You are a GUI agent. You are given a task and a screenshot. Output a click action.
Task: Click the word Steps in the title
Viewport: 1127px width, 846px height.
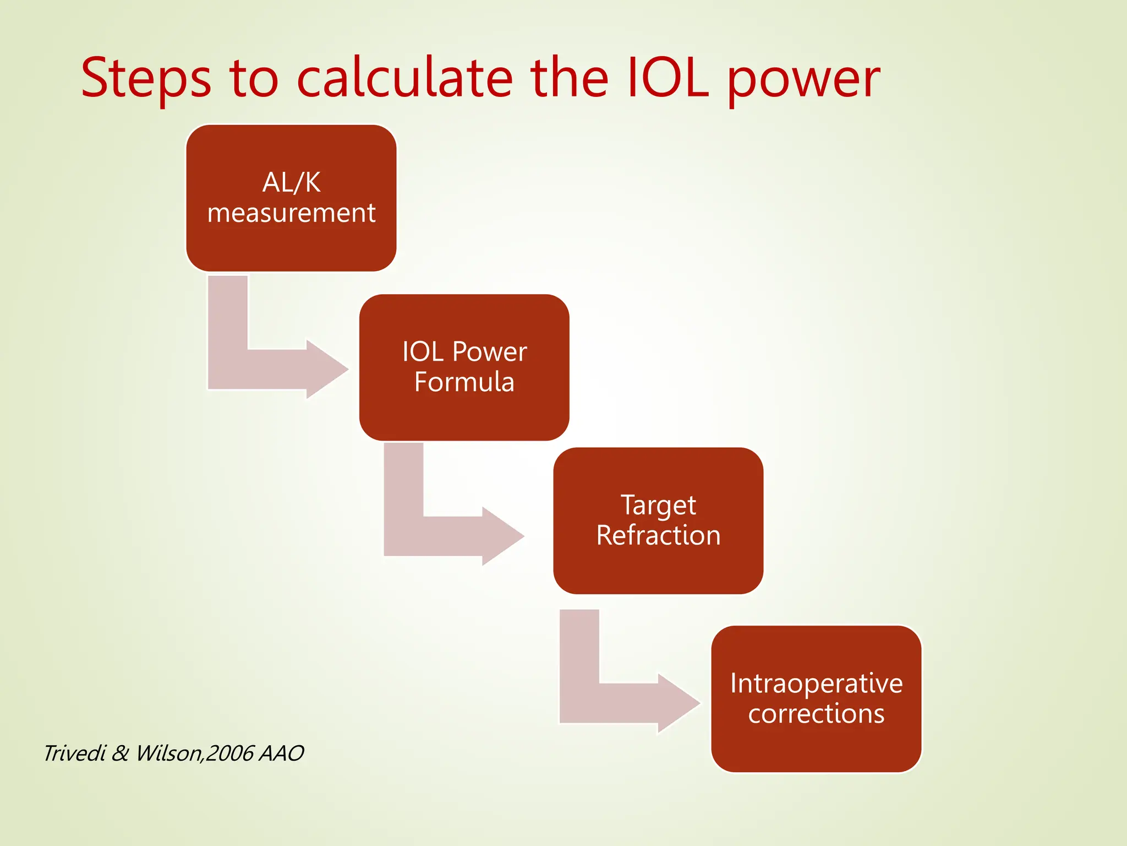point(146,79)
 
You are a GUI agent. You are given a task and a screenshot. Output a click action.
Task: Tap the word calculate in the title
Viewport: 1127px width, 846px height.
point(404,79)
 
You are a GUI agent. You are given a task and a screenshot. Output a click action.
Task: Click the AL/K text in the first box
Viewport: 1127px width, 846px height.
point(291,182)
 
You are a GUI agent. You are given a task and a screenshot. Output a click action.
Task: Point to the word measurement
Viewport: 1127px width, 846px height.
point(291,213)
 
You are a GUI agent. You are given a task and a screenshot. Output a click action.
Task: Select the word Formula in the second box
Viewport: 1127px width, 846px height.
point(464,382)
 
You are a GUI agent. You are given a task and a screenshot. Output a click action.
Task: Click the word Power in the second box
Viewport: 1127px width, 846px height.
point(489,352)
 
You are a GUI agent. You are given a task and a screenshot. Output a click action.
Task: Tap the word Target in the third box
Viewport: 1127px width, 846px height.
point(658,505)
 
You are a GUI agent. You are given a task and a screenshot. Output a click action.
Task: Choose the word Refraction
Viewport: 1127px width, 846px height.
point(658,535)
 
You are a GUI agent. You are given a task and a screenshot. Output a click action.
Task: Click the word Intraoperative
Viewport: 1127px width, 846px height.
point(816,684)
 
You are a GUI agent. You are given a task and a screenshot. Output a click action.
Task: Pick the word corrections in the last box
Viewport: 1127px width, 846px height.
point(816,714)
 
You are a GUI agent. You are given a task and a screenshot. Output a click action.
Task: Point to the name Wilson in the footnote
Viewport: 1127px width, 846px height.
point(168,753)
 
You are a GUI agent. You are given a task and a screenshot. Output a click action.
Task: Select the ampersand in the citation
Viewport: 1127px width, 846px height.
point(120,753)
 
